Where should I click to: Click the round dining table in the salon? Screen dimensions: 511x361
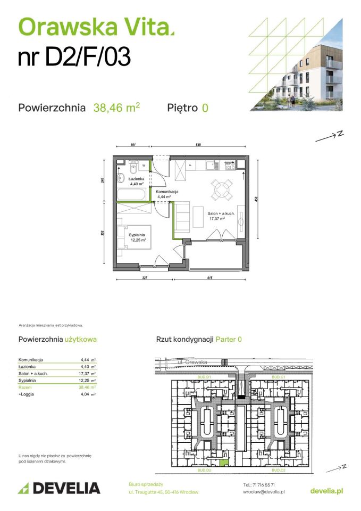[x=220, y=189]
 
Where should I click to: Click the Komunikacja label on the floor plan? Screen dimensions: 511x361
[x=167, y=192]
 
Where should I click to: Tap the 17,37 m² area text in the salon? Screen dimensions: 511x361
[x=216, y=218]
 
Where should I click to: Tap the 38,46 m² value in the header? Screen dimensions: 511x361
[x=116, y=108]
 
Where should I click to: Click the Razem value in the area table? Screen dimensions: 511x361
[x=88, y=388]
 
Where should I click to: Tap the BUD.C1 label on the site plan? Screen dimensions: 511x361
[x=279, y=377]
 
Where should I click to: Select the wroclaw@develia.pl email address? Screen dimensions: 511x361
[x=263, y=492]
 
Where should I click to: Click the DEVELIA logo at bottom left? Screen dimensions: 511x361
[x=59, y=488]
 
